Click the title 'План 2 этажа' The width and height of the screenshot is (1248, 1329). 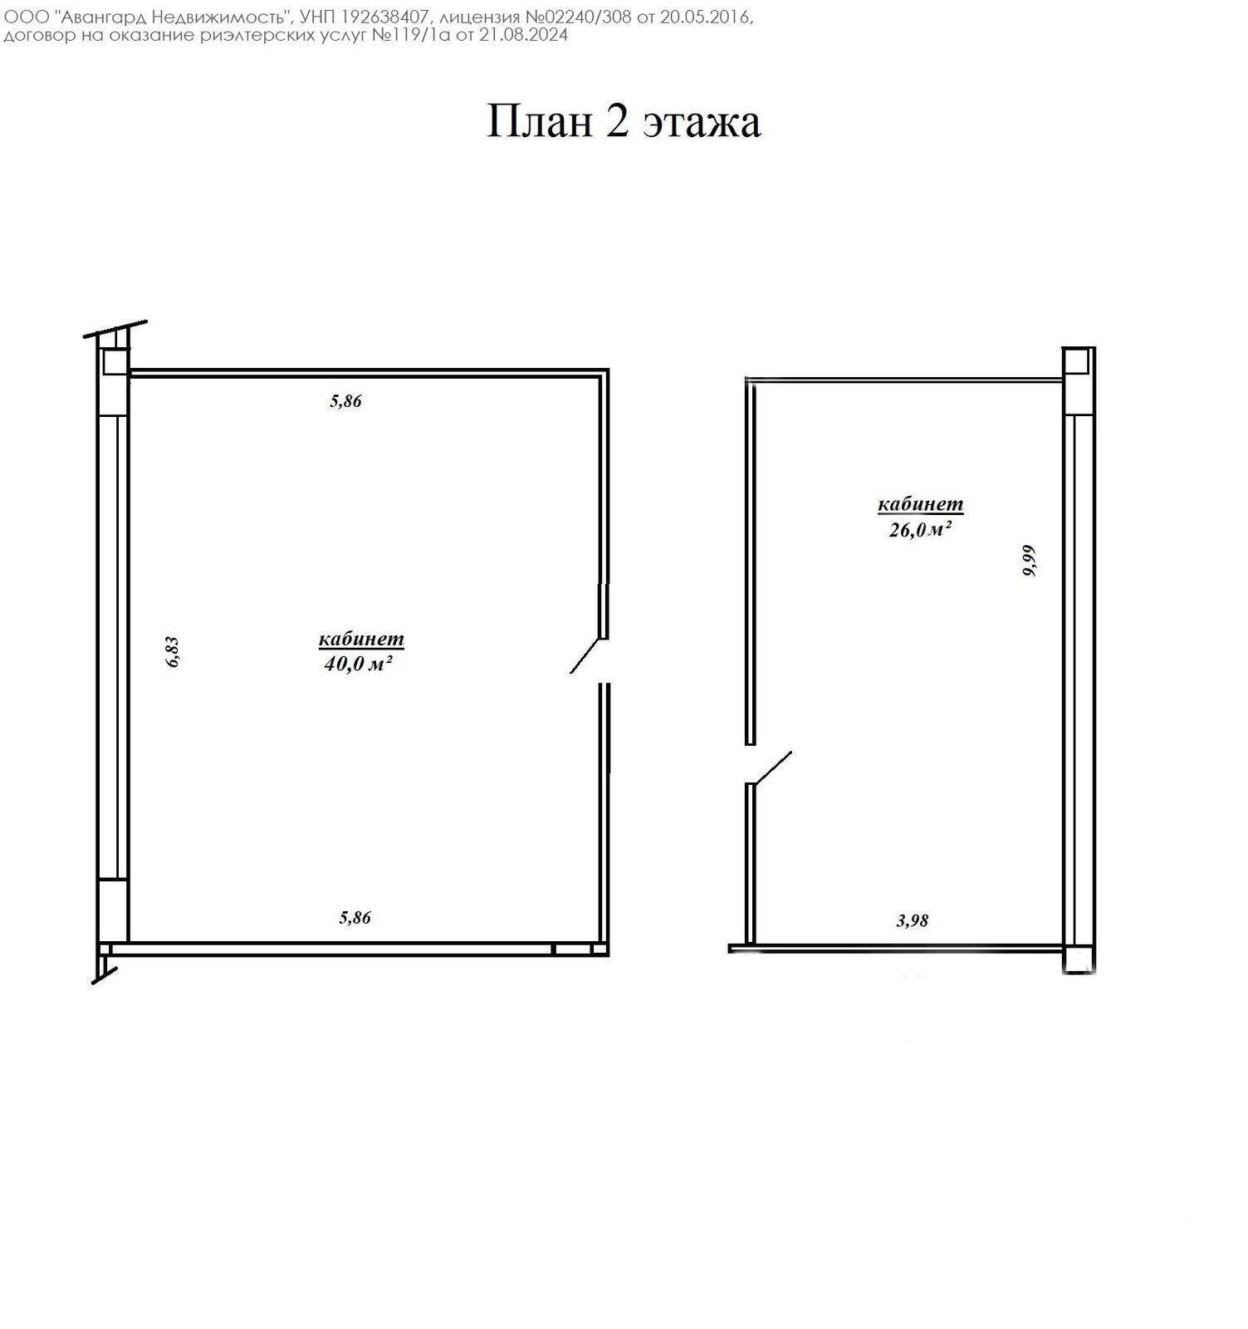point(623,121)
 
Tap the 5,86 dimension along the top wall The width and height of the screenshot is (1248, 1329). point(346,401)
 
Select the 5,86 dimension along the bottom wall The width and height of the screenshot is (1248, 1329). point(355,918)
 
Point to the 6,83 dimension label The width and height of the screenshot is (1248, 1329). point(173,651)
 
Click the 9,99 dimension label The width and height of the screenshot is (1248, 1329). point(1029,561)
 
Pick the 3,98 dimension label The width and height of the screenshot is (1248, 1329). point(913,920)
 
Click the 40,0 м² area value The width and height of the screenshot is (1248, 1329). point(358,664)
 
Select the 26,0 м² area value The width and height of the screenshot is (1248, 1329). point(920,530)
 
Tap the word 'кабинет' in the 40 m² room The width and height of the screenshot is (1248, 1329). point(361,640)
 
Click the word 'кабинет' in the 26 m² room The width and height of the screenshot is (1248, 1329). point(920,504)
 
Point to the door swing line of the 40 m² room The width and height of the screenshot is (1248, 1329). point(585,656)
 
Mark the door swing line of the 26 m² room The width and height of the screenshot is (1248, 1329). point(771,767)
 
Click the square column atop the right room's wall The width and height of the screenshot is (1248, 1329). point(1075,361)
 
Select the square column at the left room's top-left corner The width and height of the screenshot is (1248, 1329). point(114,362)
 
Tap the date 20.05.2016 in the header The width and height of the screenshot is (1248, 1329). point(705,17)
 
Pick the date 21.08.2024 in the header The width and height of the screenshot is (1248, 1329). point(523,35)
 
